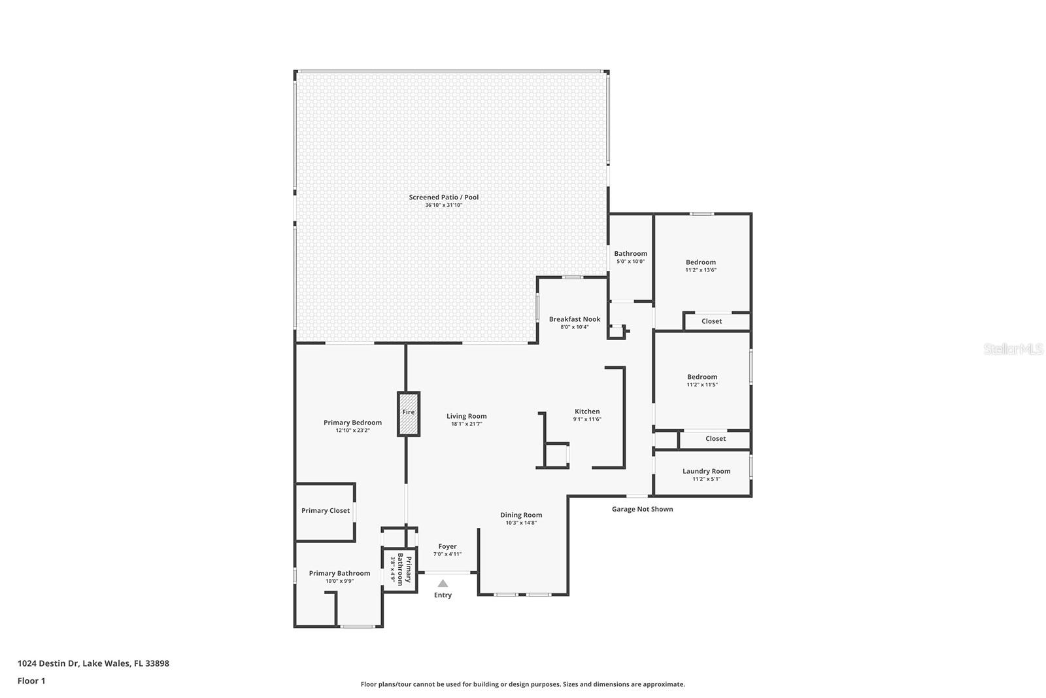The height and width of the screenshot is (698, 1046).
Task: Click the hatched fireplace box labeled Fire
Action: tap(409, 413)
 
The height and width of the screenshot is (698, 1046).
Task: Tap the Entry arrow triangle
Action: tap(443, 584)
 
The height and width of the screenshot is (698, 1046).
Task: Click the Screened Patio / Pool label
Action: tap(444, 197)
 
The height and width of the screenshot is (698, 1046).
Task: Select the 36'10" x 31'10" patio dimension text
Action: tap(444, 205)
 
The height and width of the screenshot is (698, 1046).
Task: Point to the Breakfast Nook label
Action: tap(575, 319)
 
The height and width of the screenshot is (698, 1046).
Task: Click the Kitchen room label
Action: tap(587, 411)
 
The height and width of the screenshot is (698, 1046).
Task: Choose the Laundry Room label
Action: tap(706, 471)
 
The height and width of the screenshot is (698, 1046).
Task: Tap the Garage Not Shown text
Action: tap(642, 509)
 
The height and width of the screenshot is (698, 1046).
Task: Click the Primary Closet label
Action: tap(326, 511)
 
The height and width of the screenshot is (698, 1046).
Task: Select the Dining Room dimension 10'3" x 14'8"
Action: tap(521, 523)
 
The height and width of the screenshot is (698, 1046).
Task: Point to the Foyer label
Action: tap(448, 546)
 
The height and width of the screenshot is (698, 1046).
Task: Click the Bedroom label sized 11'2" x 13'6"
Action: tap(701, 262)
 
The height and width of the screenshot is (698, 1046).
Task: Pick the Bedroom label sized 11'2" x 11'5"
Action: tap(702, 377)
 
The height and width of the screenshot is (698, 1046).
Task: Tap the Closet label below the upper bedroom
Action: tap(712, 321)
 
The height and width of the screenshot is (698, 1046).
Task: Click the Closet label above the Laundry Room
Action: tap(716, 439)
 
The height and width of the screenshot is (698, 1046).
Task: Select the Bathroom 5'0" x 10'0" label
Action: tap(631, 254)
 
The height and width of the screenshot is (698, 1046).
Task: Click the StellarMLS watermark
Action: tap(1013, 349)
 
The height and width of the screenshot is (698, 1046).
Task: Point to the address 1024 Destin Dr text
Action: tap(93, 663)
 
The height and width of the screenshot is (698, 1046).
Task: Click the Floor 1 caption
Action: tap(31, 681)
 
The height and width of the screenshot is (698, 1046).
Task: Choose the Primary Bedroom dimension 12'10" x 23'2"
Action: tap(353, 430)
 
